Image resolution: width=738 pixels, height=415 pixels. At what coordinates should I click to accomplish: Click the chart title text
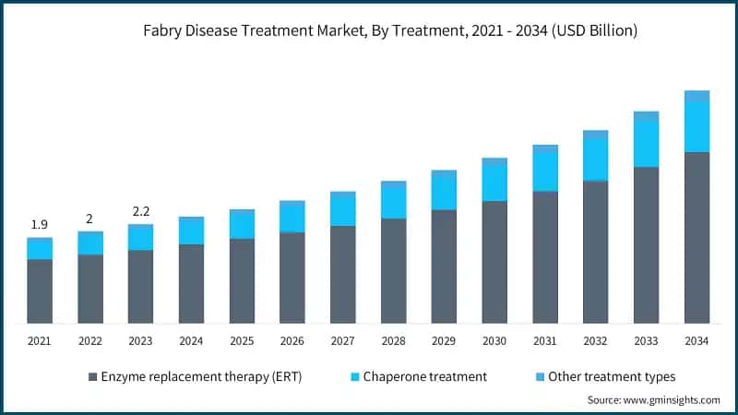pyautogui.click(x=390, y=31)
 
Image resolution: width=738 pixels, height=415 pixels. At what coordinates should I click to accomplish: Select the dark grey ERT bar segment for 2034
pyautogui.click(x=696, y=237)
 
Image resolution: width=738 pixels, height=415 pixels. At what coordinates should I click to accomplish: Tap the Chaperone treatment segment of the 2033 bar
pyautogui.click(x=646, y=144)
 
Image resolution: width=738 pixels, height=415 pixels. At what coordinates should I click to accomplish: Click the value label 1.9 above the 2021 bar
pyautogui.click(x=40, y=224)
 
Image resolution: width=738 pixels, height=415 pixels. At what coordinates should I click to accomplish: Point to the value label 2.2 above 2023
pyautogui.click(x=140, y=211)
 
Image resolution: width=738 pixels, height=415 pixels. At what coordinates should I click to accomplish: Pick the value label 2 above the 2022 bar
pyautogui.click(x=89, y=219)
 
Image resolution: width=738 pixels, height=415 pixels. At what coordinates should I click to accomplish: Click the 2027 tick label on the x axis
pyautogui.click(x=343, y=341)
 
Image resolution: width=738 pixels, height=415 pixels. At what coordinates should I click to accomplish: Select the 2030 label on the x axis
pyautogui.click(x=494, y=341)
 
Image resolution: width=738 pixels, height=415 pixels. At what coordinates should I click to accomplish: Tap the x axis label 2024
pyautogui.click(x=191, y=341)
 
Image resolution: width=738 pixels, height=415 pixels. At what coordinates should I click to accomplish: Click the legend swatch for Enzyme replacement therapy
pyautogui.click(x=92, y=376)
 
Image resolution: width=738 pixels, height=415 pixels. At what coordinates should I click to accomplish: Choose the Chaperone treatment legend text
pyautogui.click(x=424, y=376)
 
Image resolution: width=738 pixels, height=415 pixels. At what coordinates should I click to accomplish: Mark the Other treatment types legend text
pyautogui.click(x=612, y=376)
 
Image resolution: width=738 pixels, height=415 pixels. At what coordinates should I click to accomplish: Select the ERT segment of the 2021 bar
pyautogui.click(x=40, y=290)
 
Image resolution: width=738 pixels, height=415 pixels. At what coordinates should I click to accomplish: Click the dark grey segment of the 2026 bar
pyautogui.click(x=292, y=277)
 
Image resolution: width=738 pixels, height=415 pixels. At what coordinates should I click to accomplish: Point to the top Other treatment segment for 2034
pyautogui.click(x=696, y=95)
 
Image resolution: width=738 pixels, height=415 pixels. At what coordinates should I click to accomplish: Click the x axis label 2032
pyautogui.click(x=595, y=341)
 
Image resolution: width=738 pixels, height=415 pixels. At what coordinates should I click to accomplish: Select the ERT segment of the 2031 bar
pyautogui.click(x=545, y=256)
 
